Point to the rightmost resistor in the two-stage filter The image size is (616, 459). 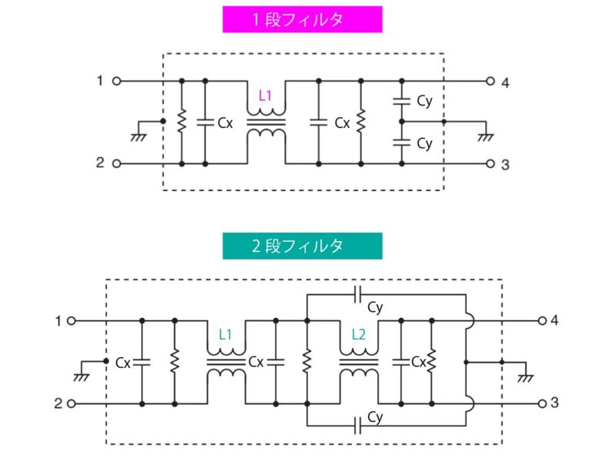[432, 361]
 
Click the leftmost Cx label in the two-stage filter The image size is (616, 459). [122, 361]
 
